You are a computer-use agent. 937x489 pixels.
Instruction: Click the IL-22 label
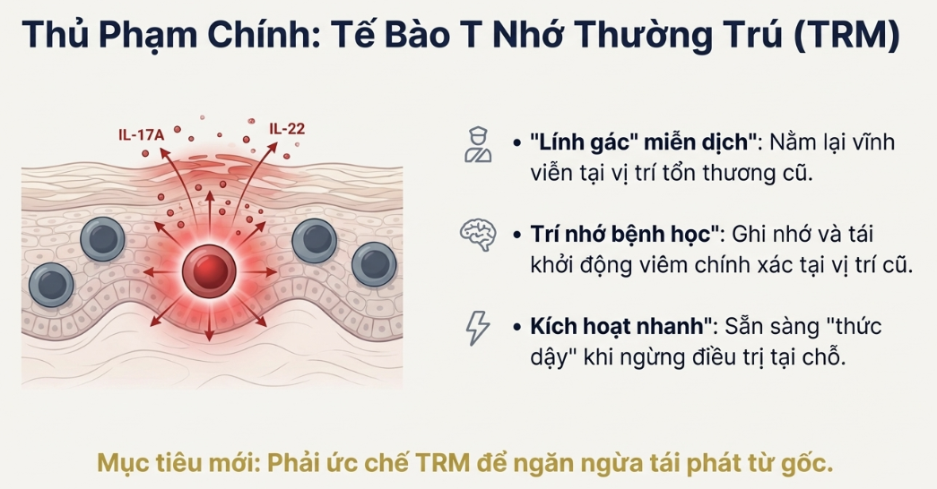click(287, 128)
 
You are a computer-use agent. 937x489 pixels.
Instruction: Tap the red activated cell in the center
click(209, 270)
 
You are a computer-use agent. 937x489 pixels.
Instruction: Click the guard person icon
click(477, 143)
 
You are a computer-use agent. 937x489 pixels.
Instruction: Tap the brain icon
click(477, 234)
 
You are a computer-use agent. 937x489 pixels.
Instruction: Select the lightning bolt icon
click(477, 327)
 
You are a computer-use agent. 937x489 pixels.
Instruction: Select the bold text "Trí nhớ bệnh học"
click(627, 235)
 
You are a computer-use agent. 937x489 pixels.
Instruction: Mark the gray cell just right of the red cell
click(315, 240)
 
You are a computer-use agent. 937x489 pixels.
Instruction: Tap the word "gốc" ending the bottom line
click(809, 464)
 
